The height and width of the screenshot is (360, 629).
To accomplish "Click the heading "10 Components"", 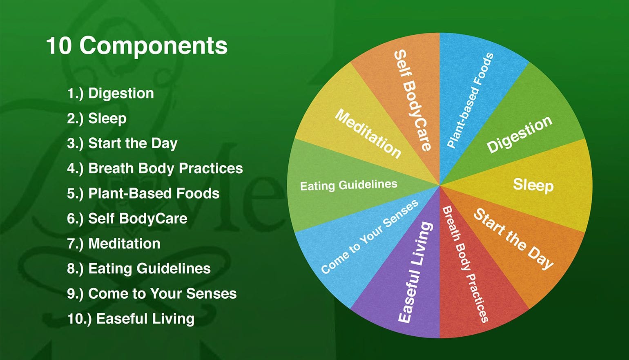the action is point(136,46).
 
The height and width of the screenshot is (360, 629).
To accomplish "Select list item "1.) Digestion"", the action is point(110,94).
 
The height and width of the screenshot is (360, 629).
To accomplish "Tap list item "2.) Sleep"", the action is point(96,119).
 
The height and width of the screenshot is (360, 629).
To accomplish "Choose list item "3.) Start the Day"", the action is point(122,143).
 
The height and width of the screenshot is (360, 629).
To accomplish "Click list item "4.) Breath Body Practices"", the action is point(155,168).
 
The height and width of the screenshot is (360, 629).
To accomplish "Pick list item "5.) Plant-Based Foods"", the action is point(143,193).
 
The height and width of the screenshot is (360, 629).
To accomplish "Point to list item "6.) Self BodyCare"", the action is point(127,219).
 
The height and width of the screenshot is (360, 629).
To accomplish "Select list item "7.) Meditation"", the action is point(114,244).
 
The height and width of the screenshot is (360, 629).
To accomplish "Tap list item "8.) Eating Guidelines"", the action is point(139,268).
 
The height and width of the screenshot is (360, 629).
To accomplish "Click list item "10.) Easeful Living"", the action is point(131,319).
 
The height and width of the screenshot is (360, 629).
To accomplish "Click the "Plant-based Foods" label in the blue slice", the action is point(470,101).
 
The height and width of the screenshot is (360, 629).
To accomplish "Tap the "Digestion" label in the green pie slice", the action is point(520,134).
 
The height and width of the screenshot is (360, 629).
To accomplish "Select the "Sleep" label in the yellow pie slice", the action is point(533,186).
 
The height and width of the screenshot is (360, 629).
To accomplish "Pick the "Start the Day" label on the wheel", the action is point(513,239).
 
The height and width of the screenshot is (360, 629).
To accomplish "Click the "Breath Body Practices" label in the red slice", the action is point(465,264).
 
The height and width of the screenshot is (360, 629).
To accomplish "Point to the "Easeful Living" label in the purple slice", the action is point(415,272).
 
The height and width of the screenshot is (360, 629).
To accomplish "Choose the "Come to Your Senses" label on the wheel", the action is point(370,237).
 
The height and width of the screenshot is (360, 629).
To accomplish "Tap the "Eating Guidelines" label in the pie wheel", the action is point(349,185).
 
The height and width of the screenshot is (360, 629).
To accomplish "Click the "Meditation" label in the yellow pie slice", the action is point(368,134).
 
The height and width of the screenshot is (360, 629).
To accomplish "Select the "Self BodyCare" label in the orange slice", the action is point(413,101).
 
